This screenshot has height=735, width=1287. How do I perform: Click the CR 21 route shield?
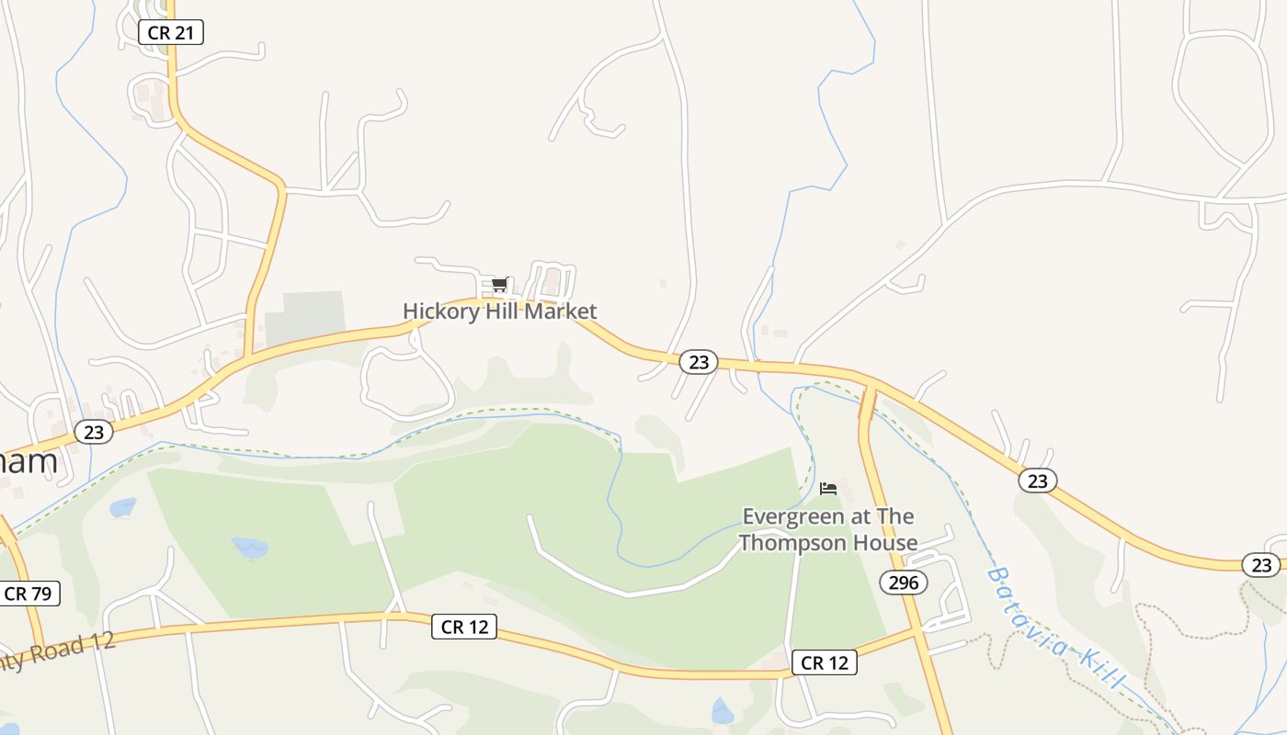tap(170, 32)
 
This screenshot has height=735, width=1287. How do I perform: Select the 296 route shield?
tap(904, 582)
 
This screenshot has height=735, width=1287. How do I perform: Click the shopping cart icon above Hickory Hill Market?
tap(499, 285)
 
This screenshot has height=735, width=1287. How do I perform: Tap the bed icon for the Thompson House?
tap(828, 488)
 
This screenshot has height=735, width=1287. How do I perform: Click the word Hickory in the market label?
tap(441, 311)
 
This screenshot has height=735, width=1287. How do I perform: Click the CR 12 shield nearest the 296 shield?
tap(824, 662)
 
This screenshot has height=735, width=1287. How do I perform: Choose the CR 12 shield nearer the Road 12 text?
tap(464, 628)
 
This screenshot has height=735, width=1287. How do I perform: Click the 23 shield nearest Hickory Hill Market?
tap(699, 362)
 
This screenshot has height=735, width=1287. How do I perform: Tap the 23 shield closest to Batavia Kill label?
tap(1037, 481)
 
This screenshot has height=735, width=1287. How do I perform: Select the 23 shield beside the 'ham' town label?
tap(93, 431)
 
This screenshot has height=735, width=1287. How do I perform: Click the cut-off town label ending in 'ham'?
tap(28, 461)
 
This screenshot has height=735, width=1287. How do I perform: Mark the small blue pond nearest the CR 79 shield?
tap(122, 506)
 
